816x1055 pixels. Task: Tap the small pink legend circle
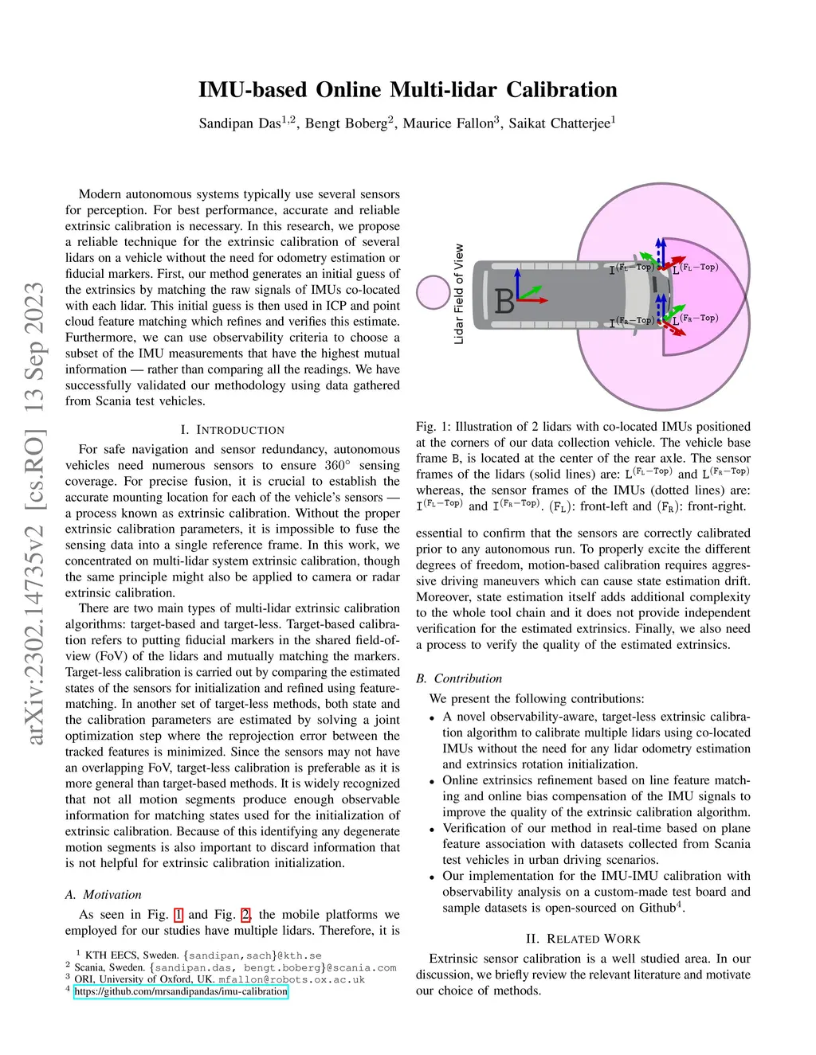point(433,292)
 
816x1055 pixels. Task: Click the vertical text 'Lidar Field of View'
point(459,294)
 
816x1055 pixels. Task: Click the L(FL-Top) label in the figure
point(696,268)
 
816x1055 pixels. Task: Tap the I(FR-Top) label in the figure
point(631,322)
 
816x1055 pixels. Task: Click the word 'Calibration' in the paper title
point(562,89)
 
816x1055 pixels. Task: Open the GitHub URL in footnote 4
point(181,991)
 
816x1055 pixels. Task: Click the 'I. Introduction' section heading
point(233,430)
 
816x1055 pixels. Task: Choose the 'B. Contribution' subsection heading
point(459,678)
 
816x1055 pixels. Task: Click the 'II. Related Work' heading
point(583,939)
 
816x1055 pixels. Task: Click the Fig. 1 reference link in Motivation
point(178,915)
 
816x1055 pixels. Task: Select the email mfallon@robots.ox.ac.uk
point(292,979)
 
